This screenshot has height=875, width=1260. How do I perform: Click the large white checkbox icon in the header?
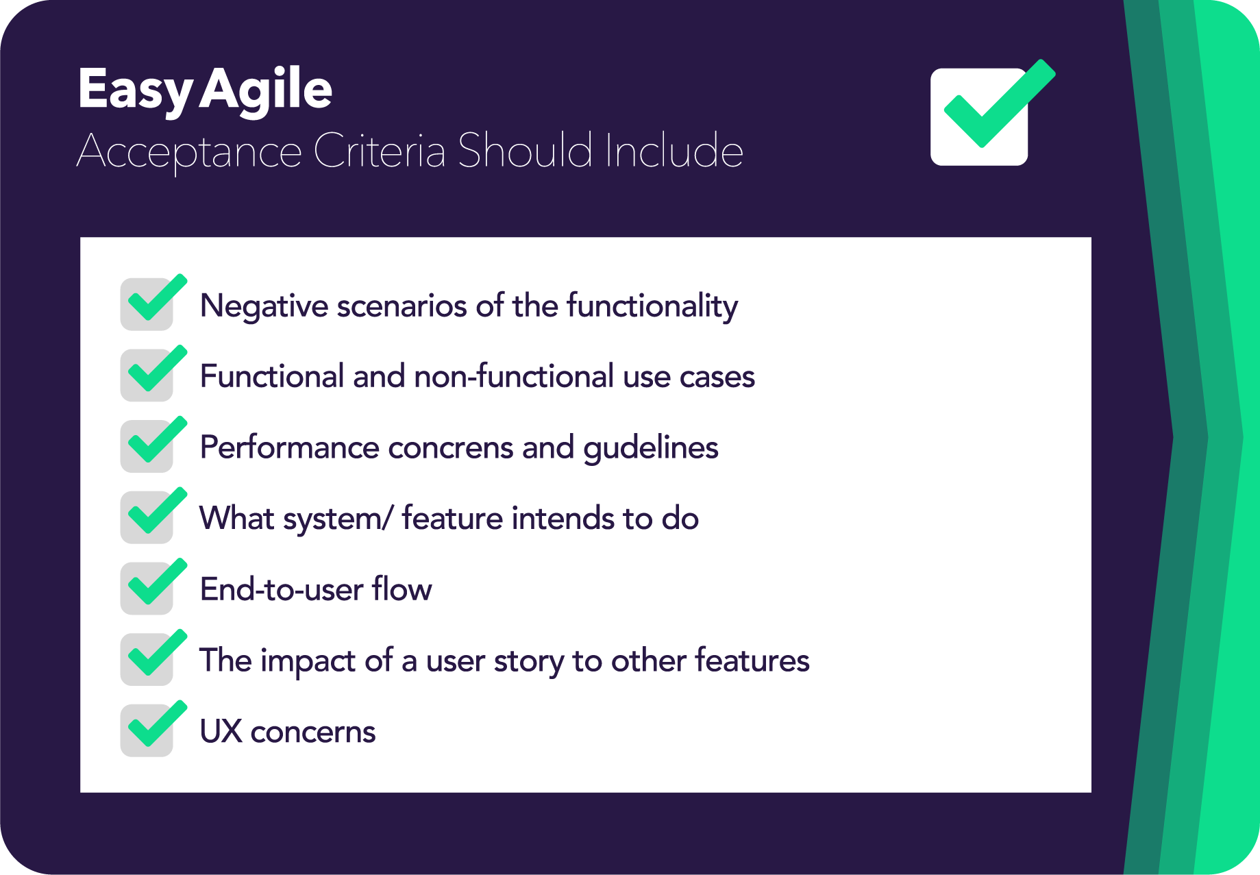[980, 116]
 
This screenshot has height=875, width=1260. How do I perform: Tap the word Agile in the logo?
[266, 90]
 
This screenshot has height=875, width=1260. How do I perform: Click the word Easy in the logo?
[135, 90]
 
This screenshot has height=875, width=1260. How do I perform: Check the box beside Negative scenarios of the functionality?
[147, 304]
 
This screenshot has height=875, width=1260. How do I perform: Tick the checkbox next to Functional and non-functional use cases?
[147, 375]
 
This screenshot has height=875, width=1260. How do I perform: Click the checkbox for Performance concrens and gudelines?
[147, 446]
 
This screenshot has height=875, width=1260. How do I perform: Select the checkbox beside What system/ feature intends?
[147, 517]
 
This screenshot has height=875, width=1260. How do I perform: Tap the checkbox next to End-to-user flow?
[147, 589]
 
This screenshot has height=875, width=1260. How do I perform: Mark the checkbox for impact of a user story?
[147, 659]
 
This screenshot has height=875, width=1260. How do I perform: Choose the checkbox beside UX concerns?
[147, 730]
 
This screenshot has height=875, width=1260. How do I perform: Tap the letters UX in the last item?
[221, 732]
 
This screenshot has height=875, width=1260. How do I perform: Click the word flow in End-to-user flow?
[402, 589]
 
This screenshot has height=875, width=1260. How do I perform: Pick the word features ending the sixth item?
[752, 661]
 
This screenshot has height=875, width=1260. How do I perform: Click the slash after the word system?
[388, 519]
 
